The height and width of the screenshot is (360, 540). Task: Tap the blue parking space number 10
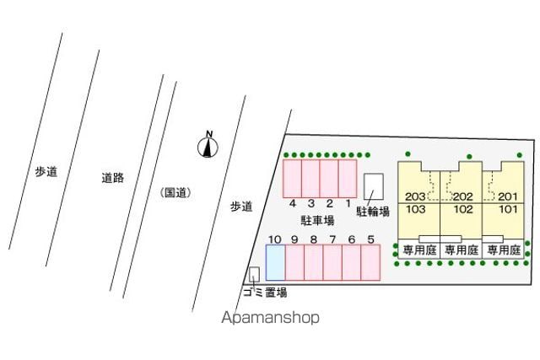tap(276, 262)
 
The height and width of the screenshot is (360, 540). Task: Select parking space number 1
tap(348, 178)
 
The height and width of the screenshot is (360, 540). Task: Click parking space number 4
tap(293, 178)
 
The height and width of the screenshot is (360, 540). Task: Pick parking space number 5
tap(370, 262)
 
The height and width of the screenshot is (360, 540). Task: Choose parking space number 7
tap(332, 262)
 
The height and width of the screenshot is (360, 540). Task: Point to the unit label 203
tap(415, 196)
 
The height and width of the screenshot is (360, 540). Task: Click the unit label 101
tap(508, 209)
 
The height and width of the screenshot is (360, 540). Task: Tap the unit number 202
tap(463, 196)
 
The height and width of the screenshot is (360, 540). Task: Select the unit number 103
tap(416, 209)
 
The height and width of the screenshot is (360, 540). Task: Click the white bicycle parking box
tap(374, 186)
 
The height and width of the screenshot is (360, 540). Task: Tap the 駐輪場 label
tap(373, 211)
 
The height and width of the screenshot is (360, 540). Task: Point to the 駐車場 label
tap(317, 220)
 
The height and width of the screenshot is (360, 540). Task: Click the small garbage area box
tap(254, 274)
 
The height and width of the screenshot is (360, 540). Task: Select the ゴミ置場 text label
tap(265, 293)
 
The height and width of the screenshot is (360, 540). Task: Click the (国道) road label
tap(176, 192)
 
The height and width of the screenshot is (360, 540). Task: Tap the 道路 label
tap(112, 178)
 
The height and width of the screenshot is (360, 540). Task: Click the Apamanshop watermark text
tap(270, 317)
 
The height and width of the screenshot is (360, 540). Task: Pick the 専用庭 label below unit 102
tap(462, 250)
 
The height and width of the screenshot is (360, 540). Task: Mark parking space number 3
tap(310, 178)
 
